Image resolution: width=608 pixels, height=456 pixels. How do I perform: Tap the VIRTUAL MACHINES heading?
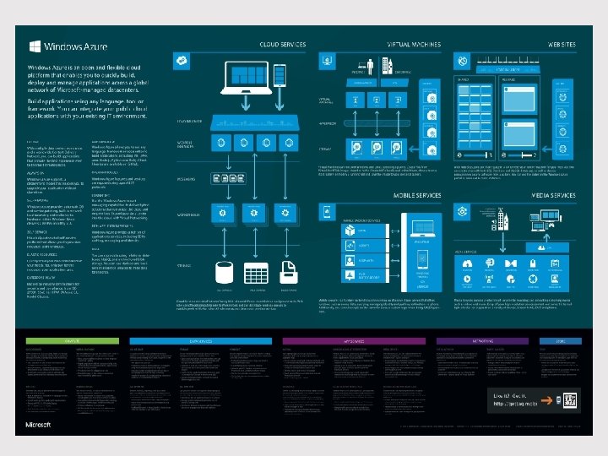click(409, 45)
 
